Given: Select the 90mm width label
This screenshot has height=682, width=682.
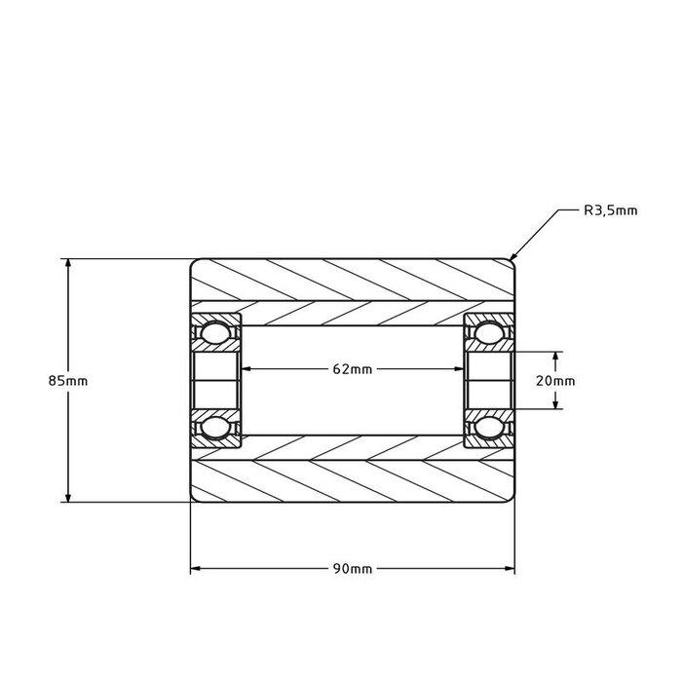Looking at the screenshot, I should pos(352,568).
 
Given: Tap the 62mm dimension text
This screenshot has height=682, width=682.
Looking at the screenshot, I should pos(352,369).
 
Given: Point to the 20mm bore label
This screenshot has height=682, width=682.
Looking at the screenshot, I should pos(557,380).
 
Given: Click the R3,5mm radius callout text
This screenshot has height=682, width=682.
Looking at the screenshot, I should pos(610,209).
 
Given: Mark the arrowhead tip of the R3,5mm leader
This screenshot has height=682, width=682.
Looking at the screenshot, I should pos(511,261).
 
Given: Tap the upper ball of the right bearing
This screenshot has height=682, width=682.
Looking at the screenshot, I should pos(489,334).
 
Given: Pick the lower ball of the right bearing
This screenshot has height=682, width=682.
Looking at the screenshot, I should pos(489,427).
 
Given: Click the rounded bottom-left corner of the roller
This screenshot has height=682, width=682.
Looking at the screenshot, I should pos(193,499).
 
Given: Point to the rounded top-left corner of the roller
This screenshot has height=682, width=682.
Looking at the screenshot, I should pos(193,262).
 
